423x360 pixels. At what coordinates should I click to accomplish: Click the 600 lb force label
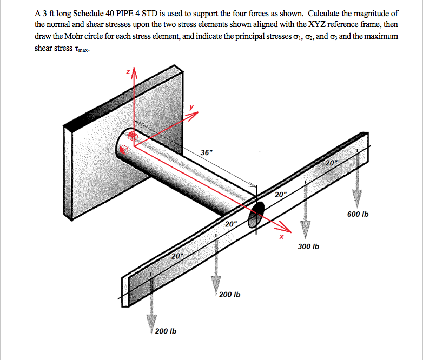click(x=358, y=215)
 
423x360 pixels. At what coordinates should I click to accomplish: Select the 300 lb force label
click(x=308, y=246)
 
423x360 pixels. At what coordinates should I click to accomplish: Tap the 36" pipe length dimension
click(x=207, y=152)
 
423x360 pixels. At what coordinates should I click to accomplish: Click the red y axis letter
click(x=191, y=107)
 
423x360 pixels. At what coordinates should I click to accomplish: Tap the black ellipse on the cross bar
click(x=256, y=213)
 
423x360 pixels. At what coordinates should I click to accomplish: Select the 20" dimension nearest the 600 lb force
click(x=332, y=163)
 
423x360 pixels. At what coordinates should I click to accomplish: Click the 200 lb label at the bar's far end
click(x=166, y=331)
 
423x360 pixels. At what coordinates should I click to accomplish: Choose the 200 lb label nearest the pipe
click(x=230, y=295)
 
